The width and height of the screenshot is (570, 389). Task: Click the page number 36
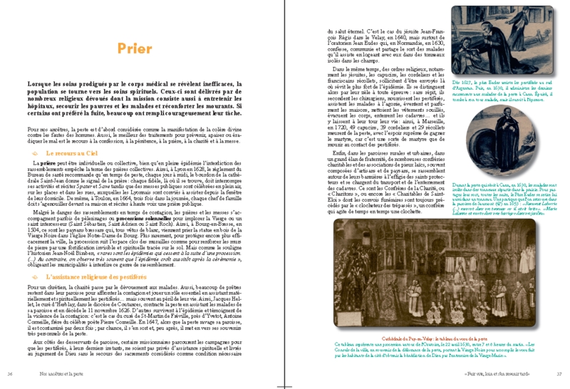9,372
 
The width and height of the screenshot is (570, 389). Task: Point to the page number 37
559,372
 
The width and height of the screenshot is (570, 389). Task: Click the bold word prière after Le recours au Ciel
46,164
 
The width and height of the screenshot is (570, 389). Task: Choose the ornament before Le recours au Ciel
36,153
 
